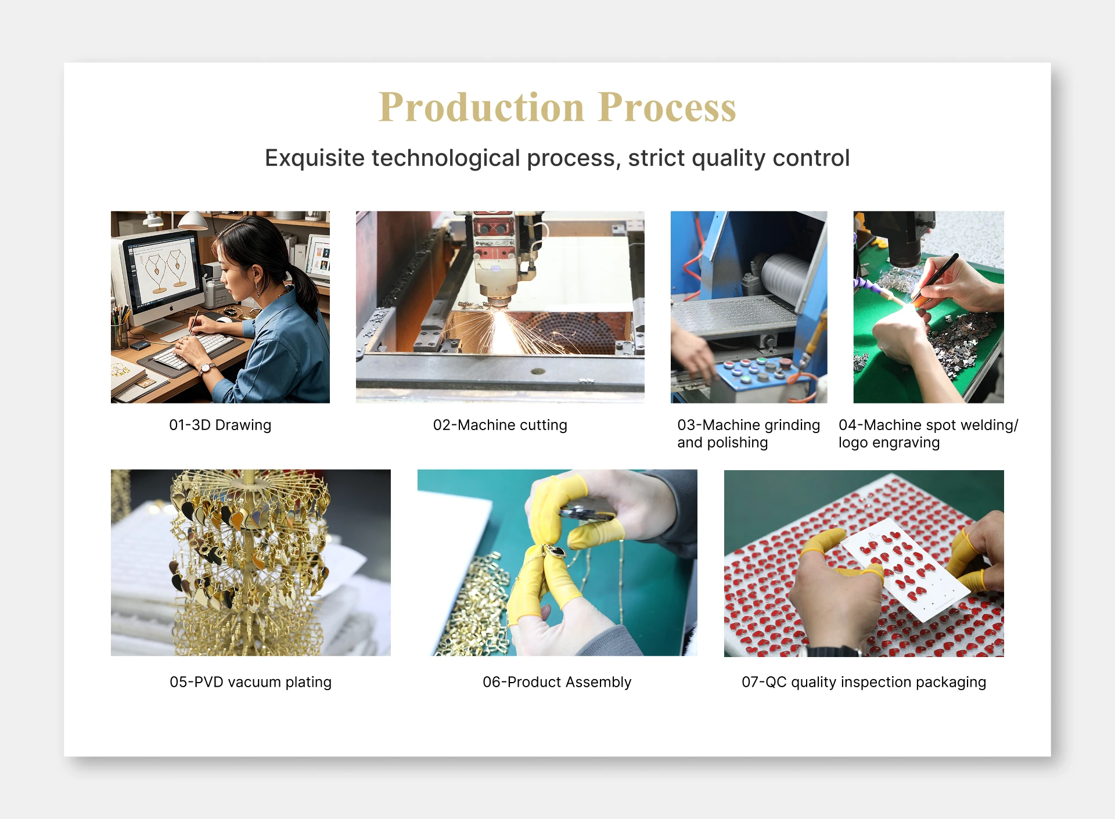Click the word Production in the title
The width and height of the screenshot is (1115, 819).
click(481, 107)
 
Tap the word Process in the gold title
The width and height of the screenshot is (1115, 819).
click(667, 107)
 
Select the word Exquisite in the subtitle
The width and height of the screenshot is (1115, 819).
click(315, 158)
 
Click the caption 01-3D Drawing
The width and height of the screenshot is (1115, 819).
click(220, 425)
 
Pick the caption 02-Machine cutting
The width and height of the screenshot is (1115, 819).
click(500, 425)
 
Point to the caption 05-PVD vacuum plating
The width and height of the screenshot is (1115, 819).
click(250, 682)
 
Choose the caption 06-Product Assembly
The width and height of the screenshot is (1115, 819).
click(557, 682)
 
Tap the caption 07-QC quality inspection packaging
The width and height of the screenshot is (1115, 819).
click(864, 682)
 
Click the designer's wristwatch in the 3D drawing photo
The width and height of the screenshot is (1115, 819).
click(206, 368)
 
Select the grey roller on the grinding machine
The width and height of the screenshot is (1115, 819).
click(784, 276)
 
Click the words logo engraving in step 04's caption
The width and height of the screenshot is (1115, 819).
click(889, 443)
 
